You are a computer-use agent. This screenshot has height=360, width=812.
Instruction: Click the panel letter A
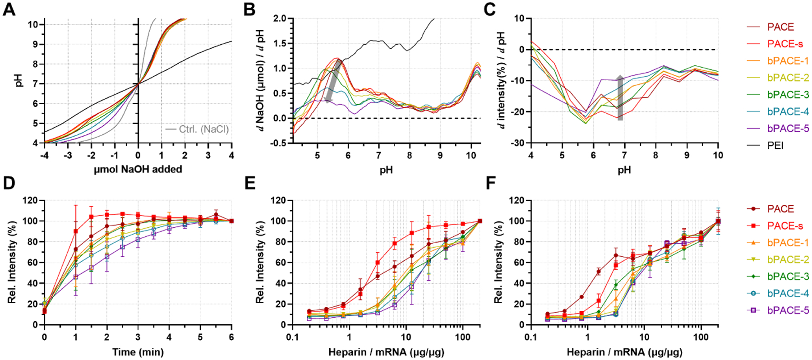pyautogui.click(x=9, y=9)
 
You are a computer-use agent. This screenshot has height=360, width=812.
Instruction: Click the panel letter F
pyautogui.click(x=490, y=183)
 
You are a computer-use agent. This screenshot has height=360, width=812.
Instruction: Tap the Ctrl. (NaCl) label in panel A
pyautogui.click(x=203, y=129)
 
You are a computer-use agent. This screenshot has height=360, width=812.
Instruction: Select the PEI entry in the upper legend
pyautogui.click(x=775, y=146)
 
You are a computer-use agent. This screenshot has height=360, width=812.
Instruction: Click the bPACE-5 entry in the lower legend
pyautogui.click(x=788, y=310)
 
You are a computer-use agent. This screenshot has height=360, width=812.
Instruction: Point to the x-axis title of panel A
pyautogui.click(x=138, y=170)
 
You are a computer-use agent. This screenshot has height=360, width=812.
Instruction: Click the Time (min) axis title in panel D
pyautogui.click(x=138, y=352)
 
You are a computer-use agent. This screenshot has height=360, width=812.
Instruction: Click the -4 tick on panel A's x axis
pyautogui.click(x=44, y=155)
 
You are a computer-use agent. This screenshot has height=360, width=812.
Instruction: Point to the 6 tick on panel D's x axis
pyautogui.click(x=231, y=337)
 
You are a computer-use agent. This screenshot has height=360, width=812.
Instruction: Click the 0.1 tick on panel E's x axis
pyautogui.click(x=292, y=337)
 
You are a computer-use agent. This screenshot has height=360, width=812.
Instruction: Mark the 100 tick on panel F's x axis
pyautogui.click(x=701, y=337)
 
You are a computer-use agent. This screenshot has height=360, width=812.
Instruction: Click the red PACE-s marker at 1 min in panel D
pyautogui.click(x=75, y=231)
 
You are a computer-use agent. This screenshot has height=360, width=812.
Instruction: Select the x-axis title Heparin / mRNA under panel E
pyautogui.click(x=386, y=352)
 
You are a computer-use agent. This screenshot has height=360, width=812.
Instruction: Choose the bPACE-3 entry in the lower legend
pyautogui.click(x=788, y=277)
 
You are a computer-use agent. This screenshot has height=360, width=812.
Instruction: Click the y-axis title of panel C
pyautogui.click(x=502, y=80)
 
